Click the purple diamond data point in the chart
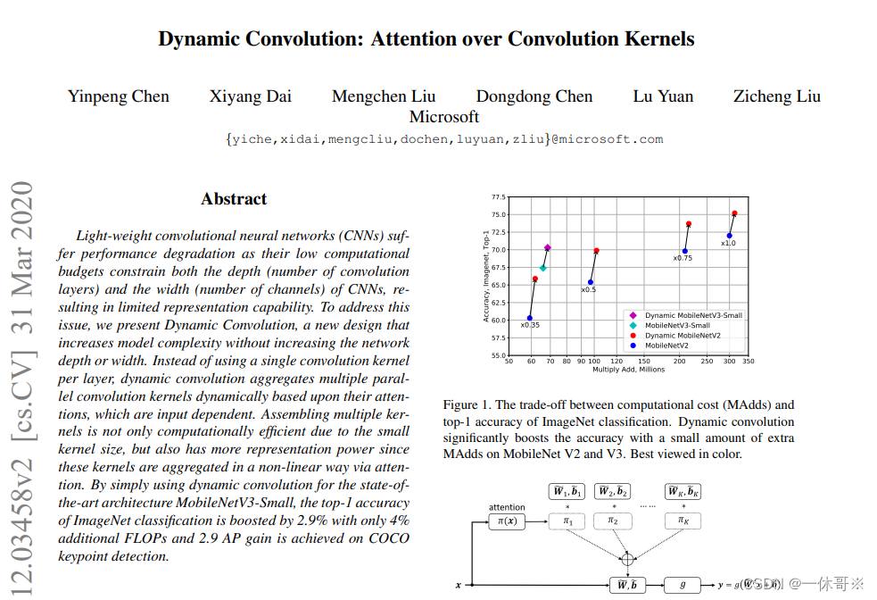tap(548, 247)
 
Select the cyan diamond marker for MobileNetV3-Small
tap(543, 268)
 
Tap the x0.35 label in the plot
tap(530, 325)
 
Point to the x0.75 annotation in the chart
tap(683, 258)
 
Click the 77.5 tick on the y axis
tap(498, 197)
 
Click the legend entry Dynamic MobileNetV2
tap(683, 335)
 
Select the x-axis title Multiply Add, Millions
tap(629, 370)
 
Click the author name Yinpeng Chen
tap(119, 96)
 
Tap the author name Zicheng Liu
tap(776, 96)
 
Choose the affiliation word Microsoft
tap(444, 116)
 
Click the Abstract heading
tap(234, 199)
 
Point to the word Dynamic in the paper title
tap(202, 39)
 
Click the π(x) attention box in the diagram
tap(507, 521)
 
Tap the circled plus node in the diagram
tap(627, 559)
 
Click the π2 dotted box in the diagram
tap(614, 521)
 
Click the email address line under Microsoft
tap(444, 139)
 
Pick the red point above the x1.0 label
tap(734, 213)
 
